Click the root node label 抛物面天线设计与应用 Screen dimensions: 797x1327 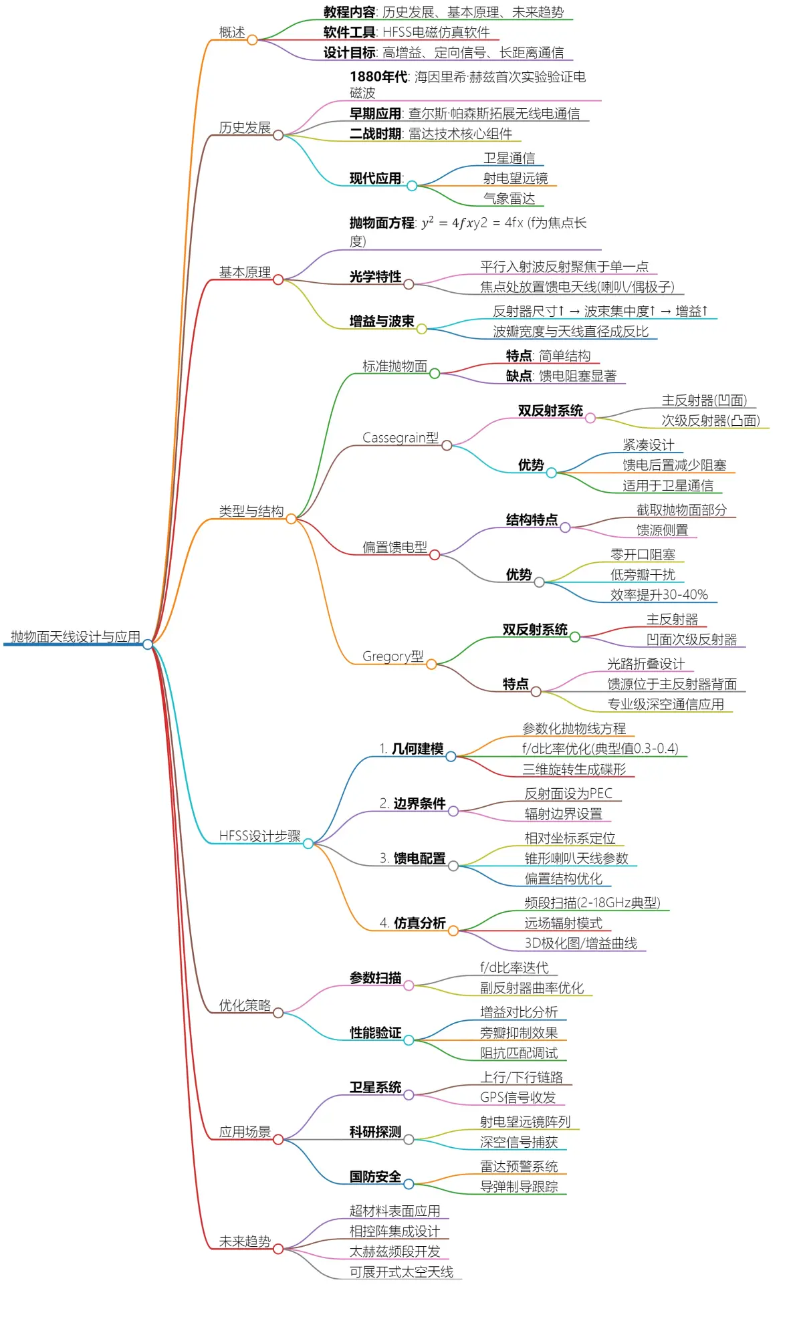click(x=76, y=636)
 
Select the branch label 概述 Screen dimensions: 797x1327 click(x=232, y=32)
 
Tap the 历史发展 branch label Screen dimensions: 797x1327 click(x=245, y=128)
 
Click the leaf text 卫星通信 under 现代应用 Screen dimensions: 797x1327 click(x=509, y=158)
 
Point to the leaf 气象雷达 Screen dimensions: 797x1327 click(x=509, y=199)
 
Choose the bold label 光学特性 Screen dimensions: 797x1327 click(x=376, y=277)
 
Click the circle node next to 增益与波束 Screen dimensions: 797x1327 click(x=422, y=329)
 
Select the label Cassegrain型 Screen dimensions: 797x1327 click(x=401, y=438)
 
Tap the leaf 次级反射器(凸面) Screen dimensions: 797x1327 click(x=711, y=420)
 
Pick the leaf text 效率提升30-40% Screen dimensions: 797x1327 click(x=659, y=595)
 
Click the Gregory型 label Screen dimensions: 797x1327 click(x=393, y=656)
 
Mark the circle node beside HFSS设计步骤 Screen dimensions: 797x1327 click(x=308, y=844)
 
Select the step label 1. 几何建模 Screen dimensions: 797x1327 click(x=411, y=749)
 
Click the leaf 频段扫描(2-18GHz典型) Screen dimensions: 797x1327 click(x=592, y=903)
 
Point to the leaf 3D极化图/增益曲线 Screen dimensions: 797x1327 click(x=581, y=943)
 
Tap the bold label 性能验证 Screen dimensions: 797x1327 click(x=376, y=1033)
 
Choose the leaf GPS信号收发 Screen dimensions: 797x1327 click(x=518, y=1097)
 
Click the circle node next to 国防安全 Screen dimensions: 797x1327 click(x=409, y=1184)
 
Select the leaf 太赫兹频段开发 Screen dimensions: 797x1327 click(x=395, y=1251)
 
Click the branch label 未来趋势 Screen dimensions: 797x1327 click(x=245, y=1241)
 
